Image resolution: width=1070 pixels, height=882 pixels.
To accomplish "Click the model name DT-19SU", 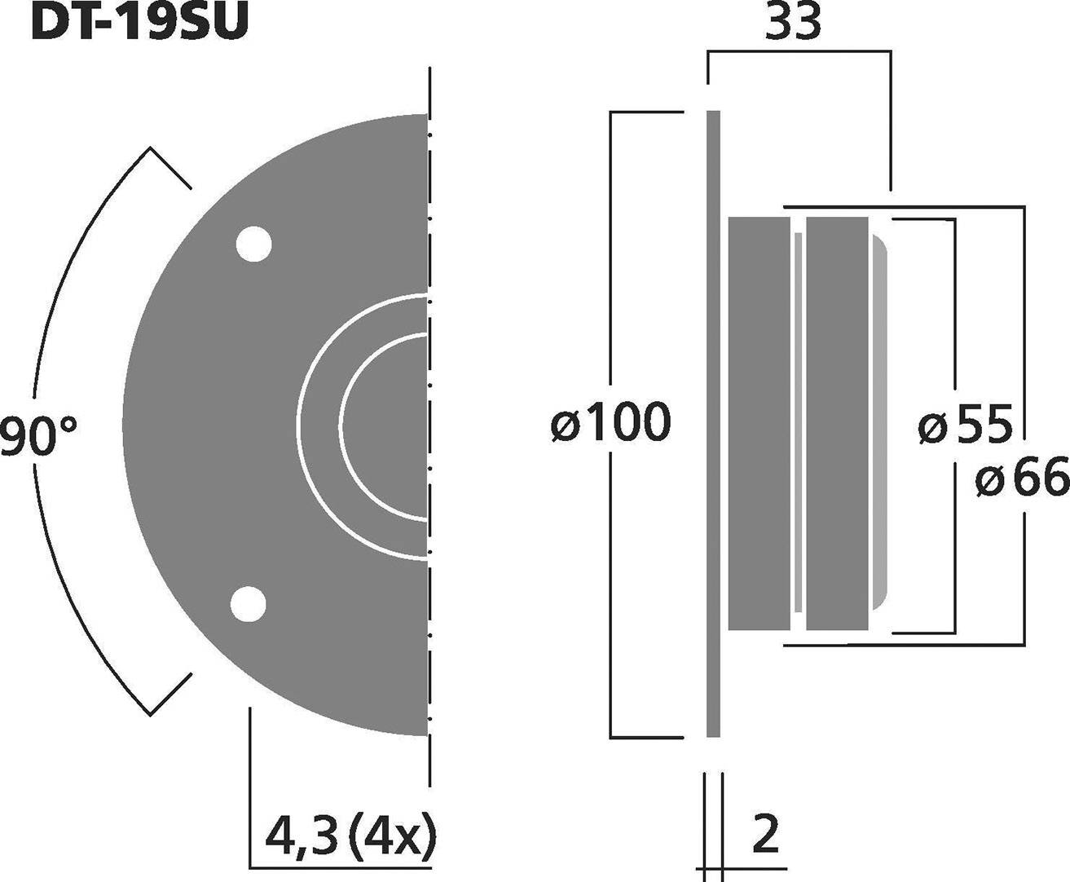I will pos(139,23).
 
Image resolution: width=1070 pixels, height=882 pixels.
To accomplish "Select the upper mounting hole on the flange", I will pos(253,244).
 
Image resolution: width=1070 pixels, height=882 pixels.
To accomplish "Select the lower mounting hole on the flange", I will pos(249,605).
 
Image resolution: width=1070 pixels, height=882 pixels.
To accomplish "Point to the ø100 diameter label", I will pos(610,422).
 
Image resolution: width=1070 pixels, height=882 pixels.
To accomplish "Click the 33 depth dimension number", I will pos(793,24).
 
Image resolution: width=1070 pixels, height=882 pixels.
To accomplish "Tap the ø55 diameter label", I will pos(965,425).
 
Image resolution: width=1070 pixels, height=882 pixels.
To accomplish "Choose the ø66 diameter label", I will pos(1021,478).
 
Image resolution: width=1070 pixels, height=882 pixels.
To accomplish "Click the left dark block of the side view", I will pos(759,424).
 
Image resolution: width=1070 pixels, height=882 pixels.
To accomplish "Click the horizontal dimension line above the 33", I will pos(799,52).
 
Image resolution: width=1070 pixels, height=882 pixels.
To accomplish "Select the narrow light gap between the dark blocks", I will pos(798,424).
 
